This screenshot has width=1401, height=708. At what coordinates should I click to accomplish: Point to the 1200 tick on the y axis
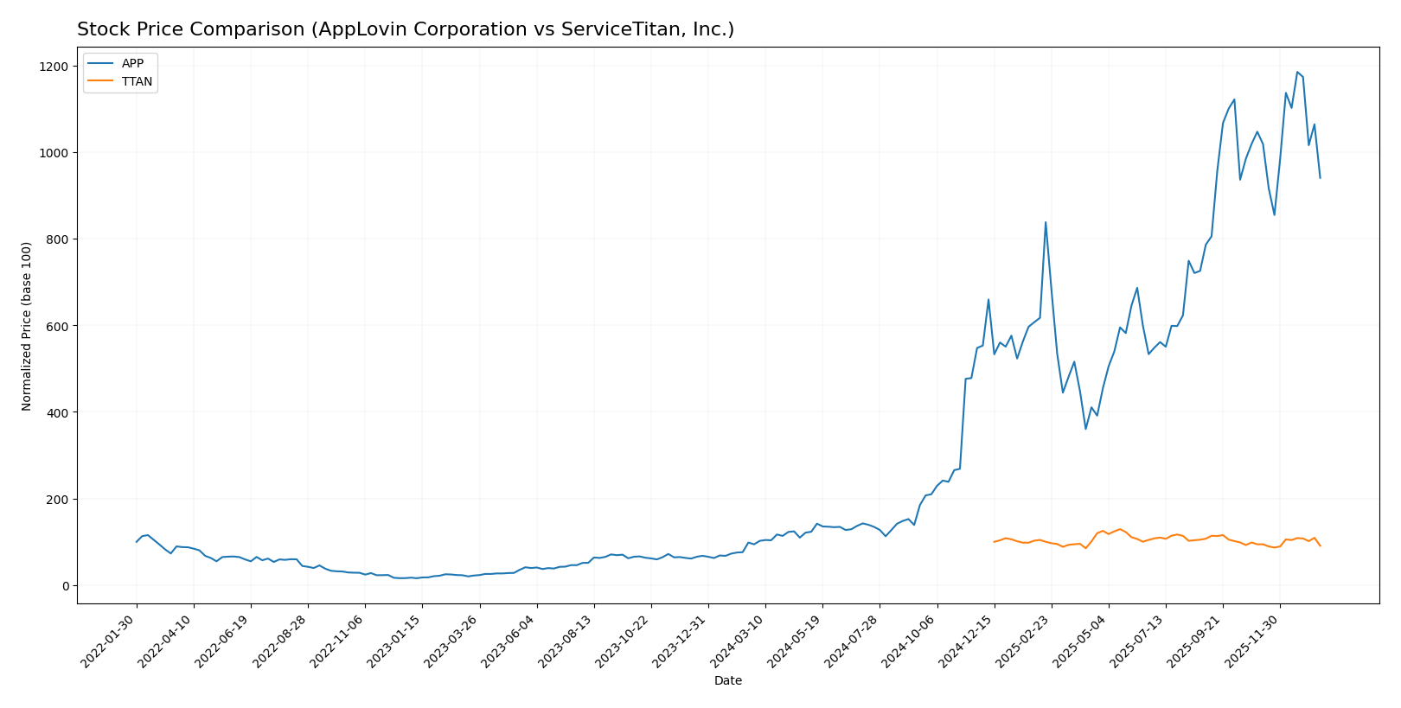coord(56,67)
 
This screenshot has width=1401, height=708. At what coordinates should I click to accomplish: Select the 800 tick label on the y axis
coord(60,239)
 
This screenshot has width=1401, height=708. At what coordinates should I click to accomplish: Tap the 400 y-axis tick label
coord(60,412)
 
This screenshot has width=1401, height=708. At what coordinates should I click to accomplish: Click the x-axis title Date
coord(727,681)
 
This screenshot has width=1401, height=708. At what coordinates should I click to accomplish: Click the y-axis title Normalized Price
coord(27,326)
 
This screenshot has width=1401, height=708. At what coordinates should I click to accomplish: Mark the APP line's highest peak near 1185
coord(1297,73)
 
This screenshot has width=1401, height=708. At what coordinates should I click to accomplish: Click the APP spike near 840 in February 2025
coord(1046,222)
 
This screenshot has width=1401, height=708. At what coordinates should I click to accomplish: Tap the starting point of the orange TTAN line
coord(994,542)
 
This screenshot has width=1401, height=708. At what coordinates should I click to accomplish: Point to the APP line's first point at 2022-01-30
coord(136,542)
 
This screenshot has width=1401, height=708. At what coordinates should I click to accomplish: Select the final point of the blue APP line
coord(1320,178)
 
